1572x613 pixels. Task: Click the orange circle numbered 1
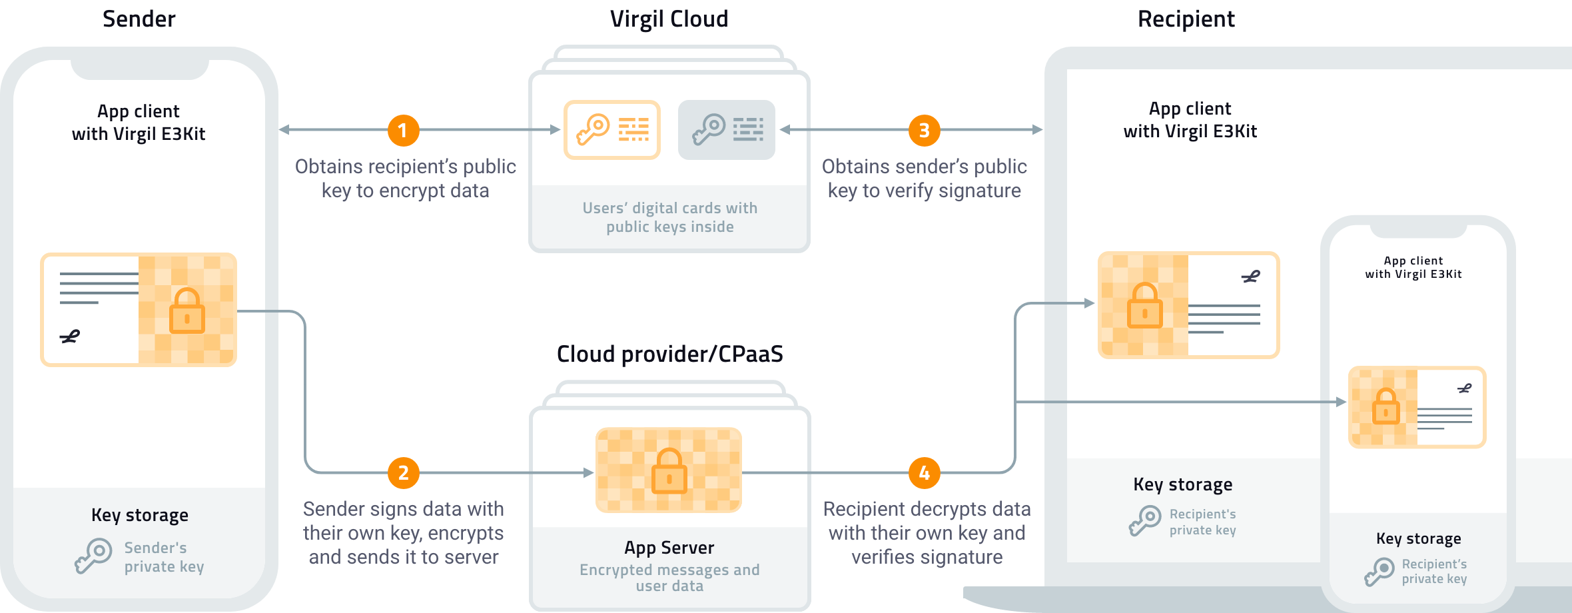(403, 131)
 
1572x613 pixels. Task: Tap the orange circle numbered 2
(403, 473)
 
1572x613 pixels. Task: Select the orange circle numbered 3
(924, 131)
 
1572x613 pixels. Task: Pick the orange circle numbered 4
(924, 473)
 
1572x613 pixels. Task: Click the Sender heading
(139, 19)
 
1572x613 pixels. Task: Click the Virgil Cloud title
(669, 19)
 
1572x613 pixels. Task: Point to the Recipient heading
(1186, 19)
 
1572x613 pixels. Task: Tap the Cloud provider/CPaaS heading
(669, 354)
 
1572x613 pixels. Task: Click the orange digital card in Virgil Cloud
(612, 130)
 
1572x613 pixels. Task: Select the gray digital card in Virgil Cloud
(727, 130)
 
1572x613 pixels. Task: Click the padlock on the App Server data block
(669, 471)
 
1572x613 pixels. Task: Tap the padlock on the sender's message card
(187, 311)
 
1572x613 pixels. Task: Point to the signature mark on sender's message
(70, 337)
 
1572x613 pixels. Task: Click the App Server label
(669, 548)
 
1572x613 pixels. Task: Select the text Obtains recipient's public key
(405, 167)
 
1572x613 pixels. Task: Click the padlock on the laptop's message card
(1144, 306)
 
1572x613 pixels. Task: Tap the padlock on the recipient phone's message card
(1385, 406)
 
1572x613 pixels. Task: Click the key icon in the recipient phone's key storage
(1379, 572)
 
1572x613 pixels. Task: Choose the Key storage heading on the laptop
(1182, 484)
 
